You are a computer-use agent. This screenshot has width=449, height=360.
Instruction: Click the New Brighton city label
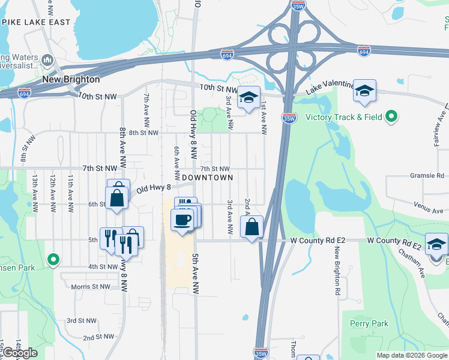tap(71, 79)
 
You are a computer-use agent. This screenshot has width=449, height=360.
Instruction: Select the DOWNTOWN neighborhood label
tap(207, 178)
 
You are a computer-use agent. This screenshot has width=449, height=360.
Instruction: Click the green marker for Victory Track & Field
tap(392, 116)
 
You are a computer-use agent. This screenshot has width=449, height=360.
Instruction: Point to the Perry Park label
tap(369, 324)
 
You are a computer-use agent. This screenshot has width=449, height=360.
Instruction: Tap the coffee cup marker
tap(182, 219)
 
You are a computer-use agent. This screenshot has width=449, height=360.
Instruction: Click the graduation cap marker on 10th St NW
tap(247, 98)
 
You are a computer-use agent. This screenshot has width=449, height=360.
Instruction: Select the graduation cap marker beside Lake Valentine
tap(364, 91)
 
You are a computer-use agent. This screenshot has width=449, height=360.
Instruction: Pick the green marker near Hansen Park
tap(53, 260)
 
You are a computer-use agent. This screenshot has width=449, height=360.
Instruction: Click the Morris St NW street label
tap(90, 287)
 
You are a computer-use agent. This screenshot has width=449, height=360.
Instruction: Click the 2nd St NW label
tap(98, 337)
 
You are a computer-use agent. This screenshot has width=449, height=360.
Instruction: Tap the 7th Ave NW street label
tap(146, 105)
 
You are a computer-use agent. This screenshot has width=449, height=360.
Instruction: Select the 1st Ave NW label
tap(264, 114)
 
